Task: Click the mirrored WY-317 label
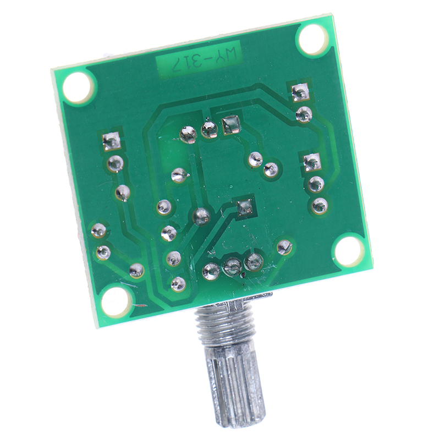(199, 59)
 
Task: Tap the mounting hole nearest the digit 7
(78, 87)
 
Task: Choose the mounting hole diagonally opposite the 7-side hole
(348, 252)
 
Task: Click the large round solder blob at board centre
(202, 216)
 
